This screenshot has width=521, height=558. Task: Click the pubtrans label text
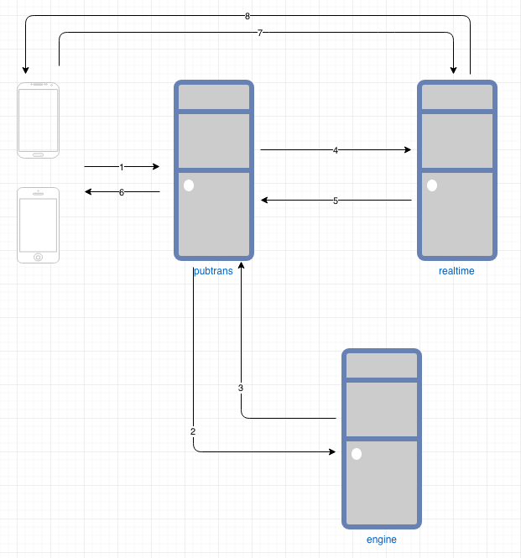coord(213,271)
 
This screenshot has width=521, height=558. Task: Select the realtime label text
coord(456,271)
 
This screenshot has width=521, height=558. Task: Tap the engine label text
coord(382,540)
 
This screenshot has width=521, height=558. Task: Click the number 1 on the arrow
coord(122,167)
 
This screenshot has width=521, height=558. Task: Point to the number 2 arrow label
coord(193,431)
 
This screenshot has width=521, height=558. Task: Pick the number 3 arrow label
coord(241,388)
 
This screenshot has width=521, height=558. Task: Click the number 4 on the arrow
coord(336,150)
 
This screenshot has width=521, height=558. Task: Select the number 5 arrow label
coord(336,201)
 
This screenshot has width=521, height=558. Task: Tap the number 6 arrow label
coord(122,192)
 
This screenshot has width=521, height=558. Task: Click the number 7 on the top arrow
coord(260,33)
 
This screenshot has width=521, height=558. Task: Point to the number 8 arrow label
coord(247,16)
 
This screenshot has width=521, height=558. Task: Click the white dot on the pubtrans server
coord(189,185)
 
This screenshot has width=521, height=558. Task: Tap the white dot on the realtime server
coord(432,185)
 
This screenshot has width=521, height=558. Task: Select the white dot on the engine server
coord(357,454)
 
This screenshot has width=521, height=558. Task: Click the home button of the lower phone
coord(38,257)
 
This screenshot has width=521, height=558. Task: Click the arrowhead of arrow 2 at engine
coord(331,452)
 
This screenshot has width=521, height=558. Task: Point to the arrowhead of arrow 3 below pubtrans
coord(242,264)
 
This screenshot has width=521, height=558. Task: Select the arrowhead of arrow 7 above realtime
coord(453,70)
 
